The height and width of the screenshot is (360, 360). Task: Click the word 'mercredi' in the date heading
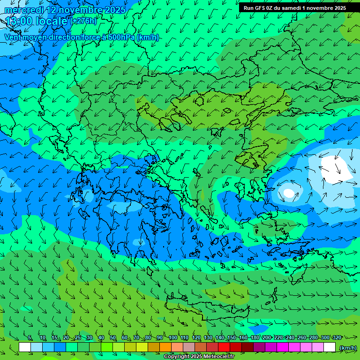pyautogui.click(x=22, y=10)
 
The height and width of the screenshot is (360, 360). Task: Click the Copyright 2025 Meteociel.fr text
pyautogui.click(x=199, y=357)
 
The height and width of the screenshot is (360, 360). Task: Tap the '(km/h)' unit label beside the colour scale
pyautogui.click(x=347, y=348)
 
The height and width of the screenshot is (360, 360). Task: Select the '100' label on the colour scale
pyautogui.click(x=173, y=338)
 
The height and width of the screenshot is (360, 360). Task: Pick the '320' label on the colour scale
pyautogui.click(x=337, y=338)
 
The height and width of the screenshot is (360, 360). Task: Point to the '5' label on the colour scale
pyautogui.click(x=30, y=338)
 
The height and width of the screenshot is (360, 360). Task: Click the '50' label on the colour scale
pyautogui.click(x=113, y=338)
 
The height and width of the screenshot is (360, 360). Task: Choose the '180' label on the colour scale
pyautogui.click(x=255, y=338)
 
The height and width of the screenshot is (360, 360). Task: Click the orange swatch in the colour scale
pyautogui.click(x=165, y=347)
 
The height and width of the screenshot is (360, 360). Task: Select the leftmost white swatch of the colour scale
pyautogui.click(x=25, y=347)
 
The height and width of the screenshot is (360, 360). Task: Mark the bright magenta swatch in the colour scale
pyautogui.click(x=283, y=347)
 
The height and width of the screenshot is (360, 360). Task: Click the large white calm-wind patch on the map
pyautogui.click(x=336, y=169)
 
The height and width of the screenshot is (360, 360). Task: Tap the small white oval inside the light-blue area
pyautogui.click(x=289, y=193)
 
